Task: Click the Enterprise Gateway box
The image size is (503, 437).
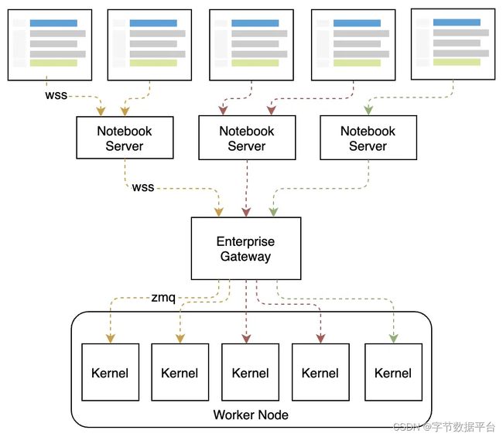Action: pyautogui.click(x=246, y=248)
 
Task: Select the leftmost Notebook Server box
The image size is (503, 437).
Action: pyautogui.click(x=125, y=138)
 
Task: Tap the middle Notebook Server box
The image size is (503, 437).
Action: pyautogui.click(x=247, y=138)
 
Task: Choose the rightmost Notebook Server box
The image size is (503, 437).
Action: pyautogui.click(x=368, y=138)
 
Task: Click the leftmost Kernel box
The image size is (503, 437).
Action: pyautogui.click(x=111, y=372)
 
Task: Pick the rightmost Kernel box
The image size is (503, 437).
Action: pyautogui.click(x=393, y=372)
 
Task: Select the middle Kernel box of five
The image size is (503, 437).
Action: pyautogui.click(x=250, y=372)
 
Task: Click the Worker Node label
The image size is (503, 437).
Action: pyautogui.click(x=251, y=415)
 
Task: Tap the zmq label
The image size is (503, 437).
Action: pyautogui.click(x=163, y=298)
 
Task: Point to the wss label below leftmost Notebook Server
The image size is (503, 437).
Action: pyautogui.click(x=143, y=187)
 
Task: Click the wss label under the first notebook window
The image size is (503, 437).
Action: pyautogui.click(x=56, y=95)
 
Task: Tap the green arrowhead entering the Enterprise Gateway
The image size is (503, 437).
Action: pyautogui.click(x=273, y=212)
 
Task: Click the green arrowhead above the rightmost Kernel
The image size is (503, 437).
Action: pyautogui.click(x=394, y=339)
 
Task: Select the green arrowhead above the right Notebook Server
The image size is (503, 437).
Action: pyautogui.click(x=368, y=111)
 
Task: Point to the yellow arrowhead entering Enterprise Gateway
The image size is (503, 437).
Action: pyautogui.click(x=219, y=212)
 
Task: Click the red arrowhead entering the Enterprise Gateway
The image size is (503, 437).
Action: pyautogui.click(x=246, y=212)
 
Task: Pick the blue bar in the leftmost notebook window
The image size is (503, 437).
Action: pyautogui.click(x=53, y=23)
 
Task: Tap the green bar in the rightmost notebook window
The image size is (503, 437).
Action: pyautogui.click(x=457, y=62)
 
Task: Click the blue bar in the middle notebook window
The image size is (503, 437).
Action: pyautogui.click(x=255, y=23)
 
